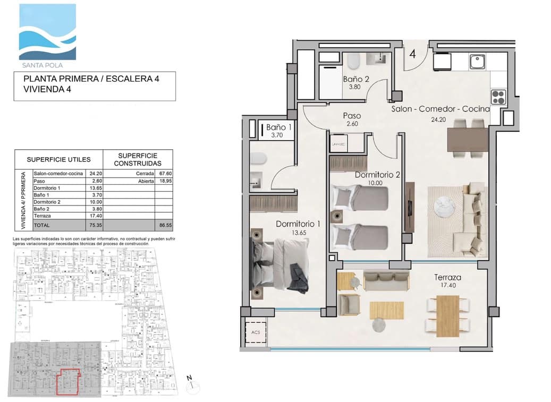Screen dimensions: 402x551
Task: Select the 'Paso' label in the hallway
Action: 352,116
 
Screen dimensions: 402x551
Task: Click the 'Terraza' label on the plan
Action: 447,277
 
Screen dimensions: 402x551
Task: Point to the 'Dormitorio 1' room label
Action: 298,224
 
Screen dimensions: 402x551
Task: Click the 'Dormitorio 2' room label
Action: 377,174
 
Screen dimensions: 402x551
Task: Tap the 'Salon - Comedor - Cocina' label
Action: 440,109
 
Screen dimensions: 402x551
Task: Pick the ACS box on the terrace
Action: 256,333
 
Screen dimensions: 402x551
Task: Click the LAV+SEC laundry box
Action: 337,144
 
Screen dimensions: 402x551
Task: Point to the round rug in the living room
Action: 445,206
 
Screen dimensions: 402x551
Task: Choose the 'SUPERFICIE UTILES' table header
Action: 58,159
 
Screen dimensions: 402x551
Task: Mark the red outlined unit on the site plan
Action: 68,382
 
